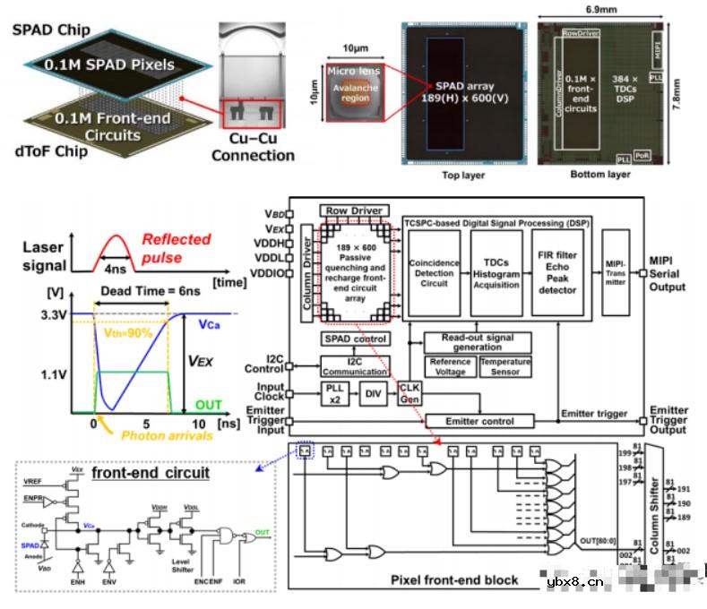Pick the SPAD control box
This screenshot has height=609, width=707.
[x=356, y=339]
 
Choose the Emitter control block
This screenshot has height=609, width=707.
[x=479, y=420]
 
